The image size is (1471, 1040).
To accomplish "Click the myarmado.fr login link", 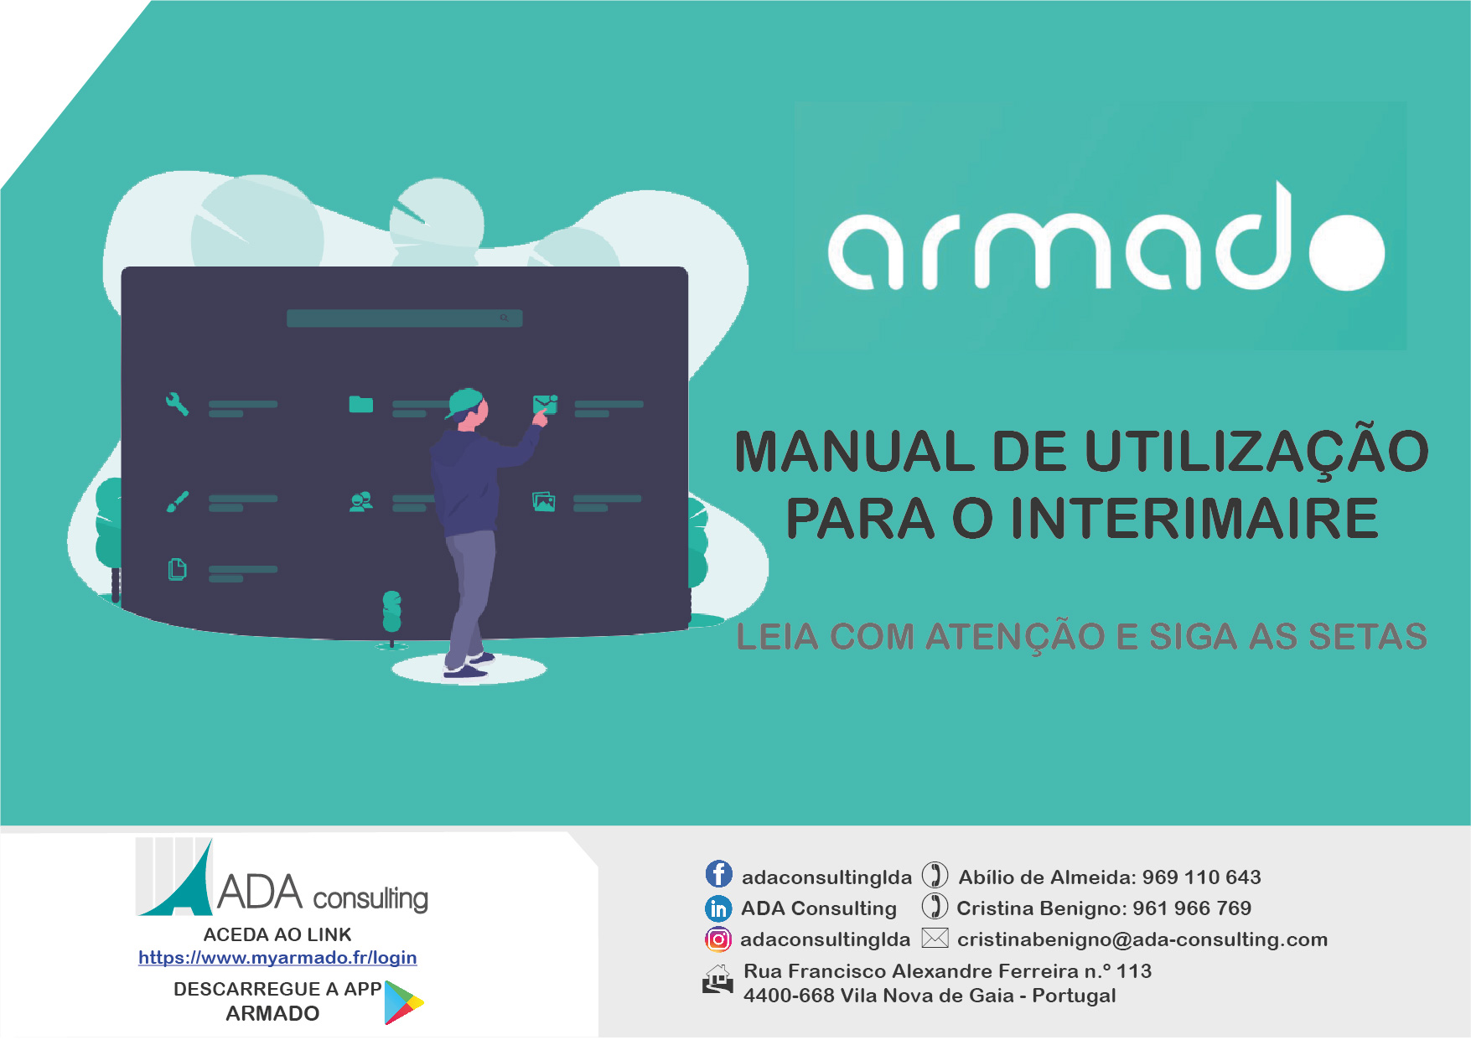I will tap(277, 958).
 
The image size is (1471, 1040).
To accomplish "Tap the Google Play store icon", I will tap(403, 1002).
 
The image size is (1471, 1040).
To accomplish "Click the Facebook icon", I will tap(718, 874).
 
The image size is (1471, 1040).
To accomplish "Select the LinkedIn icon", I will tap(718, 908).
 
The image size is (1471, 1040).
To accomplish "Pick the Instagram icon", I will tap(718, 939).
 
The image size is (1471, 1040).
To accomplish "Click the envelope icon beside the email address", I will tap(935, 939).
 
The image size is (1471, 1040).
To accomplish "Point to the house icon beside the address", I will tap(717, 980).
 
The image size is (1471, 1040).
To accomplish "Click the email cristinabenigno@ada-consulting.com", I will tap(1142, 939).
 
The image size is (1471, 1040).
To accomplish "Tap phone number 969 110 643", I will tap(1201, 877).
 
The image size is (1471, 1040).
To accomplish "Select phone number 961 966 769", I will tap(1192, 908).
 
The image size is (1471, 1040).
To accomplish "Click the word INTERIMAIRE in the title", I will tap(1194, 519).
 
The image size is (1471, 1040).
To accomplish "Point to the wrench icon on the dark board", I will tap(177, 405).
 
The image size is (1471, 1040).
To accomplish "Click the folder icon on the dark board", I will tap(361, 405).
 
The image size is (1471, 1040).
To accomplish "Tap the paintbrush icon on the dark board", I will tap(177, 502).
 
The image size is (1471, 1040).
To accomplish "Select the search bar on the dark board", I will tap(404, 318).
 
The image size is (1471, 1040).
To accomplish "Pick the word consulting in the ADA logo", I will tap(370, 898).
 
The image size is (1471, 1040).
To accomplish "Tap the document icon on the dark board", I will tap(177, 570).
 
